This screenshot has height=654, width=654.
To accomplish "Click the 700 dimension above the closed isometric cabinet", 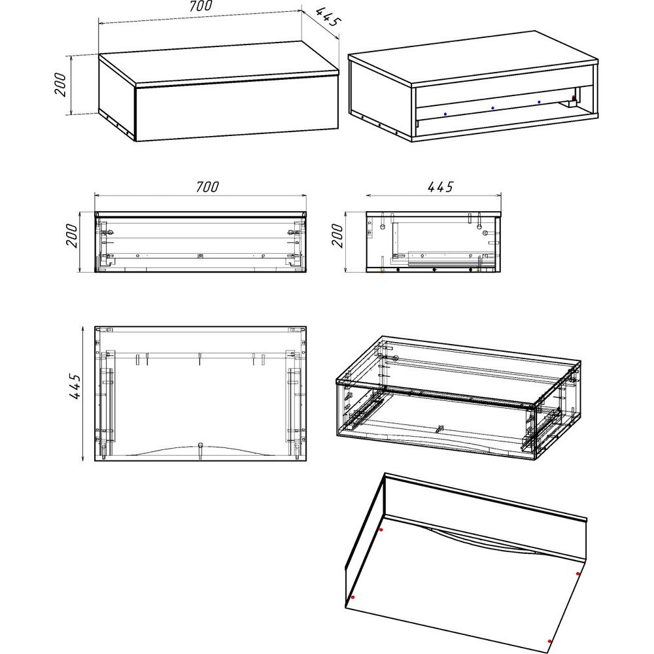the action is click(x=201, y=6).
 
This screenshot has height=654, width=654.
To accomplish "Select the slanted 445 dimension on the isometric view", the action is click(x=328, y=18).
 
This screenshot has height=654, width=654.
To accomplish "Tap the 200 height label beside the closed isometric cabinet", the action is click(x=60, y=84).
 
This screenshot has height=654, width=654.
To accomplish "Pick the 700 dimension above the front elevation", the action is click(x=207, y=186).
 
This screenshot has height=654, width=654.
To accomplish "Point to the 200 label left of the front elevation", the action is click(x=72, y=235).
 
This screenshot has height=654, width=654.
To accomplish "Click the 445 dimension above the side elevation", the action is click(x=440, y=186).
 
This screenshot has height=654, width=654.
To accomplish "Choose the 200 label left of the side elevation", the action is click(x=337, y=235).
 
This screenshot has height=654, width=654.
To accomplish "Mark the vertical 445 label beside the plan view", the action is click(x=75, y=387).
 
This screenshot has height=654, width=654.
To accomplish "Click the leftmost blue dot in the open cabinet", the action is click(x=445, y=114).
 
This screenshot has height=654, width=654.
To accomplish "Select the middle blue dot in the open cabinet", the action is click(x=492, y=108).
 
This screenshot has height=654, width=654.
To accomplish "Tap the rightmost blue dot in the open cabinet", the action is click(x=539, y=102).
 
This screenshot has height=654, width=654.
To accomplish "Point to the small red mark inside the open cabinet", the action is click(x=574, y=98).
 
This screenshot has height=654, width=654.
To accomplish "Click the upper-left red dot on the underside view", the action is click(x=381, y=530).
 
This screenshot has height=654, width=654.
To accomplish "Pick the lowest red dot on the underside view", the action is click(x=550, y=642).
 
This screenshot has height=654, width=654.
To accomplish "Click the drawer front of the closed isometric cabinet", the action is click(x=237, y=110).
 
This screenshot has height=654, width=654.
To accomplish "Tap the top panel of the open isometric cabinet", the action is click(x=473, y=58).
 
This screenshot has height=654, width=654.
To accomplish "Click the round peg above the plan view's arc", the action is click(x=201, y=445).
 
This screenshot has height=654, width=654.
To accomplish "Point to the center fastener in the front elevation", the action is click(x=200, y=256).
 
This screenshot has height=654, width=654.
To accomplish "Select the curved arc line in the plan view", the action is click(x=201, y=451).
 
